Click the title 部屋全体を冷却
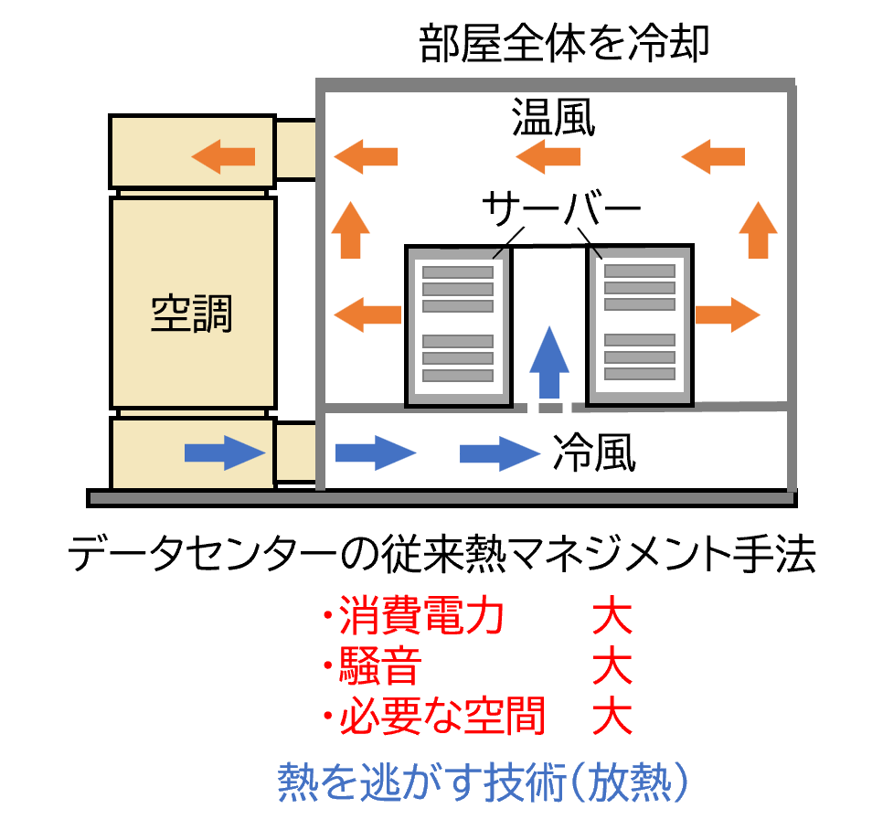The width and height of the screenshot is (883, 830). (564, 43)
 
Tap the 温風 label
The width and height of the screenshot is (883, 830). (554, 117)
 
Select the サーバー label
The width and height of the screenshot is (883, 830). (561, 208)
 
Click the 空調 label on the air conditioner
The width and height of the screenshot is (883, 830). (191, 314)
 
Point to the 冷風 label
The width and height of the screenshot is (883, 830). (595, 452)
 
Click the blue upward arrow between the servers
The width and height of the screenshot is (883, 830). (549, 362)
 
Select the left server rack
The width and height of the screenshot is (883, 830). (458, 325)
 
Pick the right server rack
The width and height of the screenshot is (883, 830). (640, 325)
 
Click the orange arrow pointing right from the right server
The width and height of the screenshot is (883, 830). (729, 314)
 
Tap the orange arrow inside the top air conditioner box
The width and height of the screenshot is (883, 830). (224, 156)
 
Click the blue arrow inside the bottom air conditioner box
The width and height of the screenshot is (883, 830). (225, 452)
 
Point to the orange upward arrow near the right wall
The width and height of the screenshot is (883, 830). (758, 229)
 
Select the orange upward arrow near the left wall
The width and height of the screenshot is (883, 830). (350, 229)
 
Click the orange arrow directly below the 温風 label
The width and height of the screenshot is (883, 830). (548, 156)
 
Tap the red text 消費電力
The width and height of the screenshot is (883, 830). (420, 615)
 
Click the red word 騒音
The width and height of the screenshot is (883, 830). (380, 665)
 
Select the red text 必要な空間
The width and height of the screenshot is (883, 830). (442, 716)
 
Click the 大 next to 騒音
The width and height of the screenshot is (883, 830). (612, 665)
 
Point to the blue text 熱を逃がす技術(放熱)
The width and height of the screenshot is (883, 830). (484, 782)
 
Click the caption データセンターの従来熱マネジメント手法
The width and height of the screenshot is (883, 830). (442, 554)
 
